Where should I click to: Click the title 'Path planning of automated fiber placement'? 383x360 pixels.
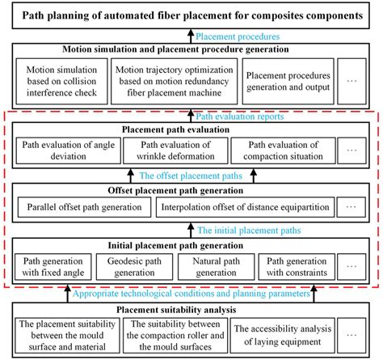pyautogui.click(x=191, y=15)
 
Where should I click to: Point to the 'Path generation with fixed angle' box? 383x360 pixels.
pyautogui.click(x=53, y=266)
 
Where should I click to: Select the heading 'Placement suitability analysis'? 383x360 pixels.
pyautogui.click(x=191, y=309)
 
